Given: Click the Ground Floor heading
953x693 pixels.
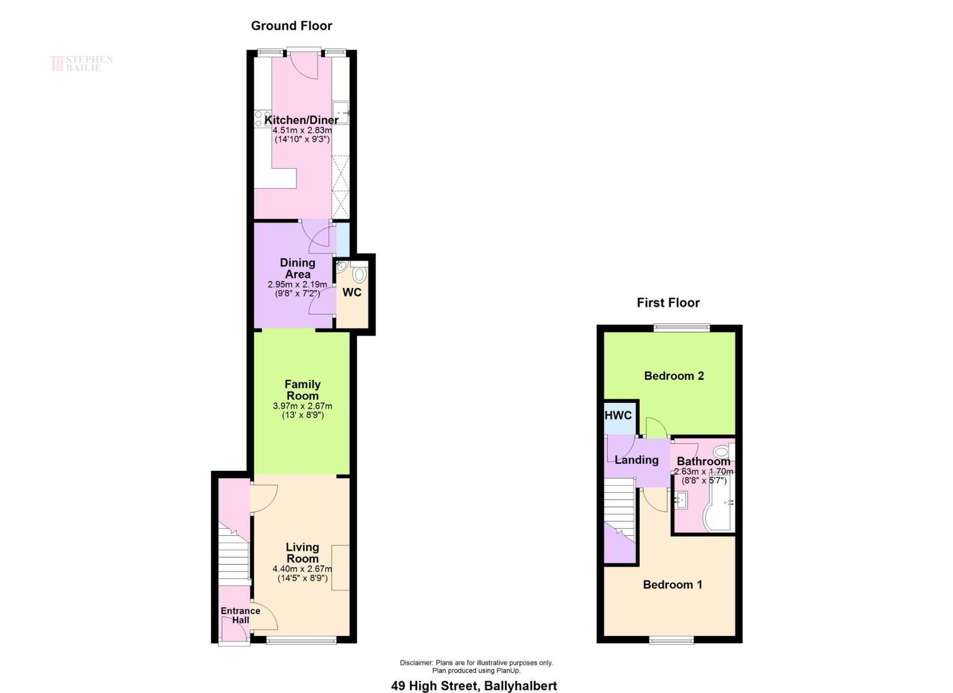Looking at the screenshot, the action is click(x=291, y=26).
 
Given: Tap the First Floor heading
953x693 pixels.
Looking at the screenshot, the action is click(x=668, y=303).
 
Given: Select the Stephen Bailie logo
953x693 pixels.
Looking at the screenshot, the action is click(x=82, y=64).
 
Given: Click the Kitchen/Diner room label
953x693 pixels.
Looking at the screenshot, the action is click(x=301, y=120).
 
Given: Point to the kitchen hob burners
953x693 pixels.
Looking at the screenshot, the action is click(x=259, y=118).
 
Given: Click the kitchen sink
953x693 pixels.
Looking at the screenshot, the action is click(x=341, y=113).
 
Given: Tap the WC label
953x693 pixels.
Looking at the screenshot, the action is click(x=352, y=293).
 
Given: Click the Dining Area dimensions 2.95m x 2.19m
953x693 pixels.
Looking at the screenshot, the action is click(x=297, y=284).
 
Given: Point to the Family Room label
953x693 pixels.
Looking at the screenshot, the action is click(x=302, y=390).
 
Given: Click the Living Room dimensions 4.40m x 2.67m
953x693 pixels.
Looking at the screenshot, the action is click(x=302, y=569).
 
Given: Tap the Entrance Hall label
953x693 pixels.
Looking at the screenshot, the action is click(x=241, y=615).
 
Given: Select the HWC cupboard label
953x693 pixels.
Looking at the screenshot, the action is click(x=618, y=416).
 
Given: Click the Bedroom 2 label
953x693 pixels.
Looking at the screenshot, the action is click(x=674, y=376).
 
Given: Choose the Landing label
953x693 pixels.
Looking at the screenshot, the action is click(x=637, y=460).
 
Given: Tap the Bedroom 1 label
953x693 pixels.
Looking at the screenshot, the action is click(x=673, y=585).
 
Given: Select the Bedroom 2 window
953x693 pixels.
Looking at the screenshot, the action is click(x=682, y=327).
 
